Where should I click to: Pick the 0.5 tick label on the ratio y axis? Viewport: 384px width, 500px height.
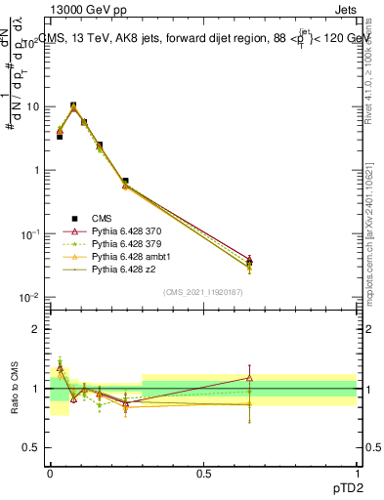pos(32,448)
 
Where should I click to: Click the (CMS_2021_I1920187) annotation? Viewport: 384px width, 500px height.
pos(203,292)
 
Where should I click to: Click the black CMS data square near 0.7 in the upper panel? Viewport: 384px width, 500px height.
pos(125,181)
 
